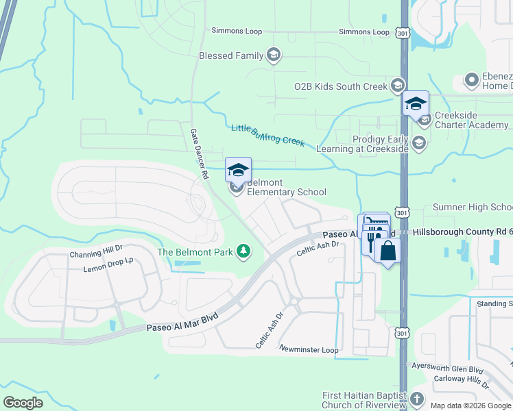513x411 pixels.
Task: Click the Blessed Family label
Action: click(x=230, y=55)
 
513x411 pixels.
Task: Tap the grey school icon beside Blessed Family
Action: click(x=274, y=55)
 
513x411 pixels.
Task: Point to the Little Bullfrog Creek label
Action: click(x=267, y=133)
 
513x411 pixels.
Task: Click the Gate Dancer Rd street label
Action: click(x=199, y=153)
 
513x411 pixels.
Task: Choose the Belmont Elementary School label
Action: click(x=286, y=188)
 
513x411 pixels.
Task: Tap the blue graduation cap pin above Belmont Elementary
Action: click(x=238, y=169)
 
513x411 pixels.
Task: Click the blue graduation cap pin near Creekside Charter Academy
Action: click(x=416, y=103)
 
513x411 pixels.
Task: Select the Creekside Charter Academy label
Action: click(x=471, y=120)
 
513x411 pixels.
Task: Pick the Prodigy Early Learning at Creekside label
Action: click(x=381, y=144)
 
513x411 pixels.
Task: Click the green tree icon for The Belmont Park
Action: click(x=242, y=251)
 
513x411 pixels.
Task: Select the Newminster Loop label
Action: click(x=309, y=349)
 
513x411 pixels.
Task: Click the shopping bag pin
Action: click(x=387, y=250)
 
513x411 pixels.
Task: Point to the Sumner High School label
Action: click(x=473, y=207)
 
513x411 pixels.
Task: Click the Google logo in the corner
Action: click(x=23, y=403)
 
